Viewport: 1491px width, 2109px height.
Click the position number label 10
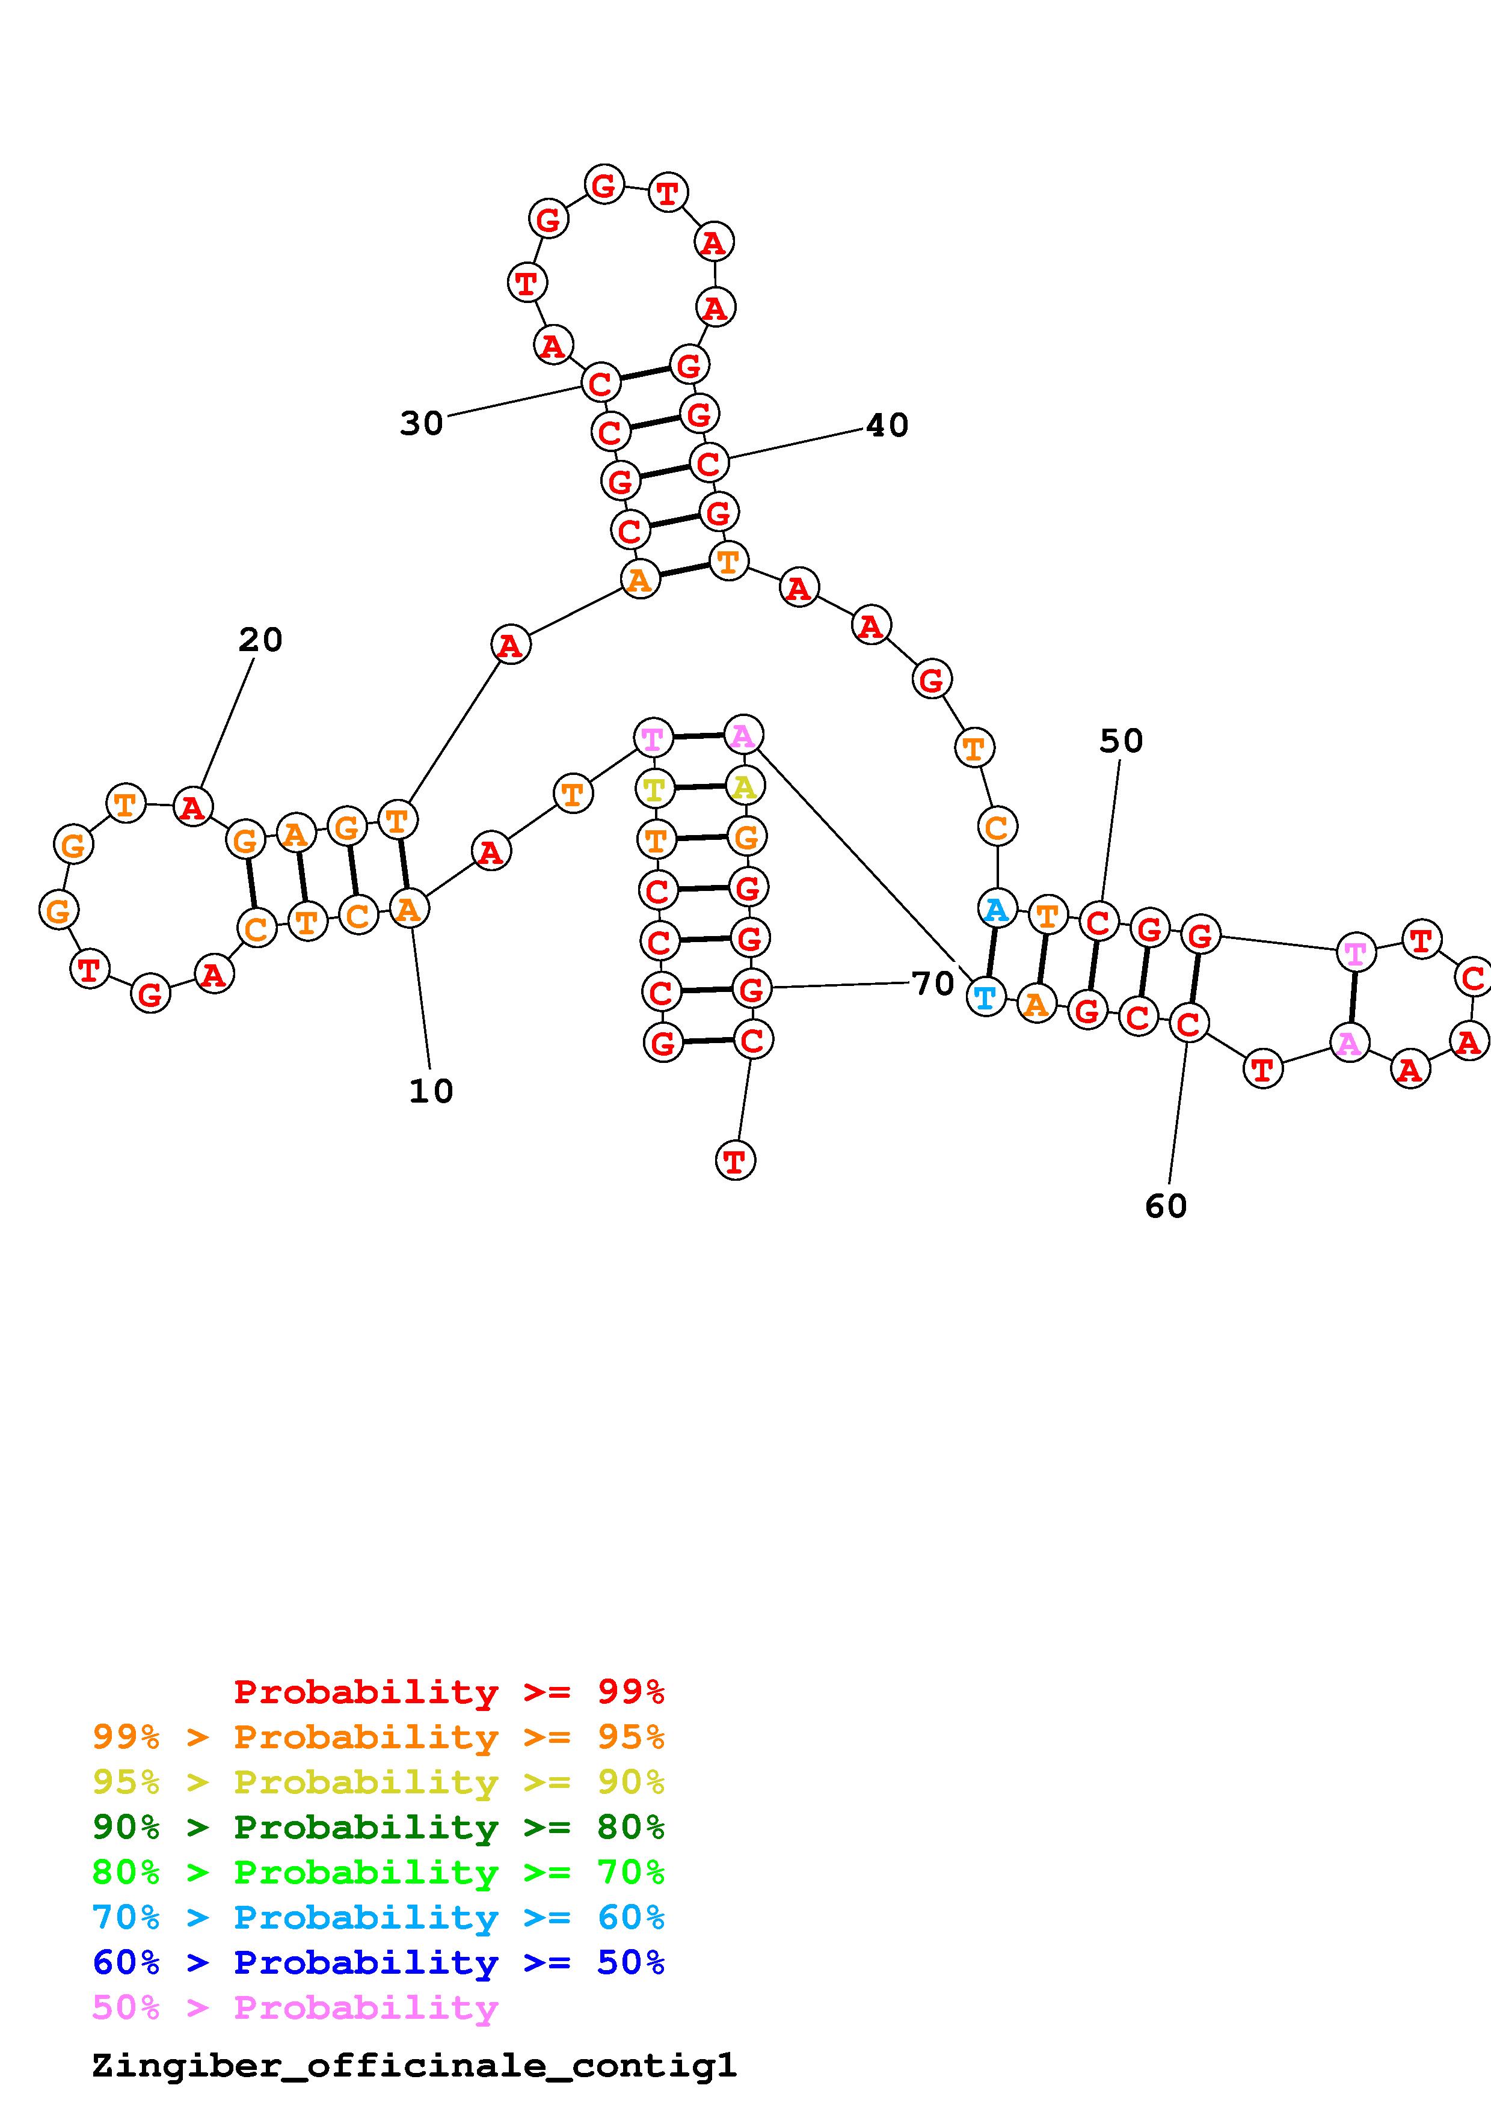[431, 1091]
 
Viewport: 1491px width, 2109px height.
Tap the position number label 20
[260, 640]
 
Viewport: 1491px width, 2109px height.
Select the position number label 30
[422, 423]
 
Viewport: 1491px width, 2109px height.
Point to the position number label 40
[887, 425]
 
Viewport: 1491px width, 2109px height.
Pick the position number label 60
[1166, 1206]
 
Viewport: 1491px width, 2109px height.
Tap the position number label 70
[932, 984]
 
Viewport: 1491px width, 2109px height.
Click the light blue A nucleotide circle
[997, 910]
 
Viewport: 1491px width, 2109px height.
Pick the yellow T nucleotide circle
[654, 788]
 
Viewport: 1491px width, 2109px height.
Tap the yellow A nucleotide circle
[744, 786]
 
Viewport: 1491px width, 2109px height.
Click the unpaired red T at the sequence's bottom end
[735, 1161]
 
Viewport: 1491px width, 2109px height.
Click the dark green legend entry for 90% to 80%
[378, 1827]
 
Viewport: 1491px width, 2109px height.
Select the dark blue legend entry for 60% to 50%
[378, 1962]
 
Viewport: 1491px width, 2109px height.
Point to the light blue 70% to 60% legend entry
[378, 1917]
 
